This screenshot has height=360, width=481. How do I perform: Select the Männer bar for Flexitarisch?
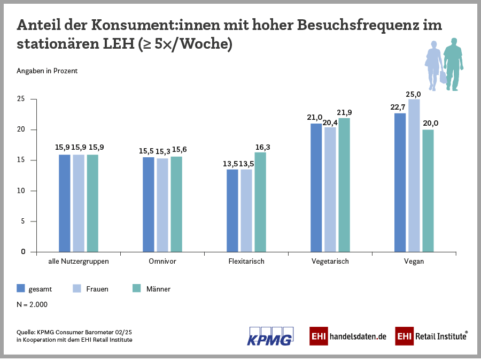coord(260,202)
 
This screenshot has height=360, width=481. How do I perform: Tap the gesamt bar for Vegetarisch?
coord(316,188)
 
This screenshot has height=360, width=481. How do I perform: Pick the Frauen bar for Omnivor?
coord(162,205)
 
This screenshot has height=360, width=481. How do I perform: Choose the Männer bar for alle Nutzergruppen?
coord(92,203)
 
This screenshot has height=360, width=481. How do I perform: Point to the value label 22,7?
coord(398,108)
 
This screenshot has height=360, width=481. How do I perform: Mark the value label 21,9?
coord(344,113)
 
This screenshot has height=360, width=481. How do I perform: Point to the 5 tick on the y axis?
coord(22,221)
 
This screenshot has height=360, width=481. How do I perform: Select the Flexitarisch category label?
coord(246,262)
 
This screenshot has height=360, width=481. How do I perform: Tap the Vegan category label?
coord(414,262)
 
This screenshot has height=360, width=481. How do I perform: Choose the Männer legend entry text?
coord(158,289)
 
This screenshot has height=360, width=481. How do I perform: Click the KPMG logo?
coord(270,335)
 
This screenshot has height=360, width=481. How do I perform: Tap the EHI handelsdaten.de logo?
coord(348,336)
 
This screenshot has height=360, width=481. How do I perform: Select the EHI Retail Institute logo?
coord(432,336)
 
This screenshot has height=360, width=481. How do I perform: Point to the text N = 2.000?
coord(32,304)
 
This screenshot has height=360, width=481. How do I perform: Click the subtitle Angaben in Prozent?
coord(47,71)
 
